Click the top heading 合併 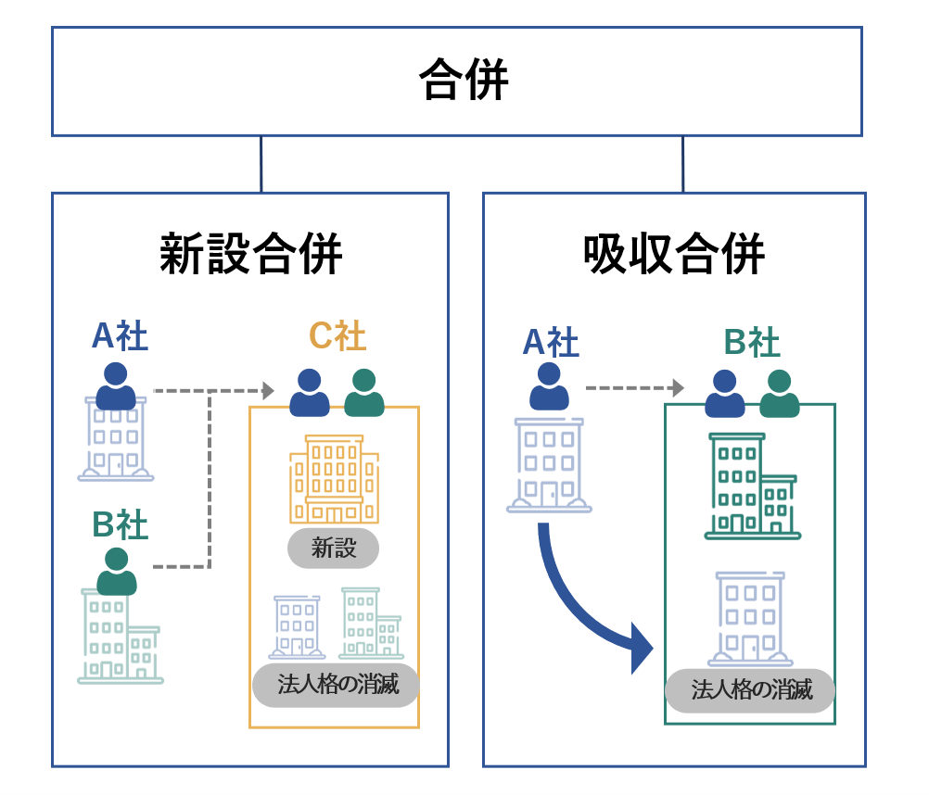point(463,80)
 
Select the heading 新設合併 point(250,253)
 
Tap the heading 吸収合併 point(674,253)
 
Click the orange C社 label point(337,336)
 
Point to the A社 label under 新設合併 point(120,336)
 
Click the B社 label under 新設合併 point(120,525)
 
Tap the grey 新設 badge point(334,548)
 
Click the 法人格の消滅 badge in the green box point(751,690)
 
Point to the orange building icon point(334,479)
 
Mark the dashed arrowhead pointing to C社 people point(269,391)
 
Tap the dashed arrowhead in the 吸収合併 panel point(679,387)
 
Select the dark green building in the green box point(751,486)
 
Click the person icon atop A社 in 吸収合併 point(549,386)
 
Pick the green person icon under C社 point(364,393)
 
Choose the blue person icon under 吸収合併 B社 point(724,394)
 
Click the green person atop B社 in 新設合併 point(117,572)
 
